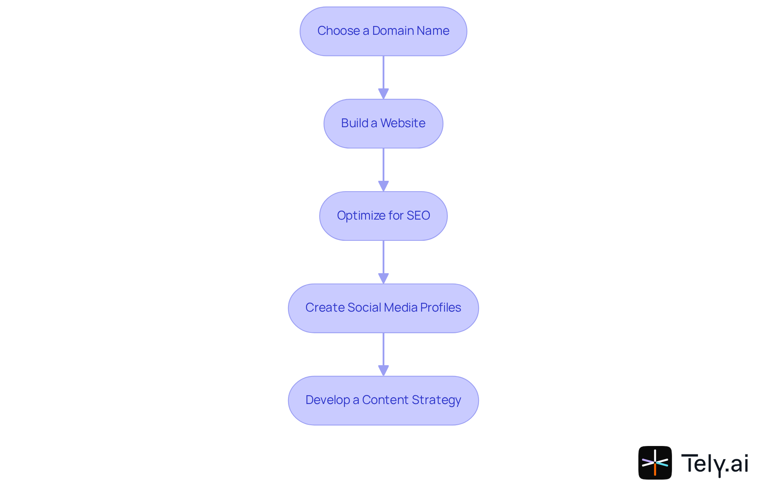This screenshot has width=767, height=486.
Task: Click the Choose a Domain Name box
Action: point(383,31)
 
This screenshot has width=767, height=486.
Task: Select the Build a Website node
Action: point(383,124)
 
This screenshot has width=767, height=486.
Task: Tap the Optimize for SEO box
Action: point(383,216)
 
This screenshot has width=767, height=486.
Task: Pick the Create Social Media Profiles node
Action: point(383,308)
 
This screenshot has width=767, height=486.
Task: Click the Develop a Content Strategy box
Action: point(383,400)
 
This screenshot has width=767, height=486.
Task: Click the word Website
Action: point(403,123)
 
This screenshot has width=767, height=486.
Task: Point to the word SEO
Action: point(418,216)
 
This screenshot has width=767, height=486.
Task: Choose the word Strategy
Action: point(436,400)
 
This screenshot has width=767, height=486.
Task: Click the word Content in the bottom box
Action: point(385,400)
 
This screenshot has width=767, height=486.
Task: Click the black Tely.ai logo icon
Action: point(655,463)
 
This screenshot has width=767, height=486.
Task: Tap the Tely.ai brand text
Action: point(715,464)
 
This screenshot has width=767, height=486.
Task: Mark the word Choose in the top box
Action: point(338,31)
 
